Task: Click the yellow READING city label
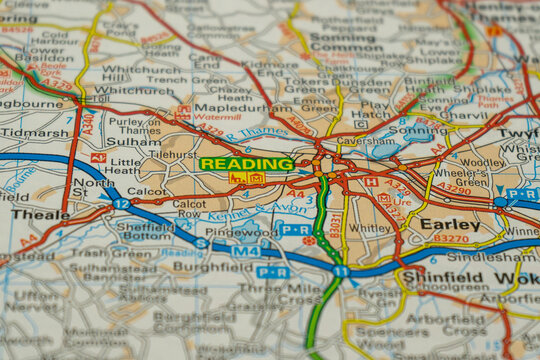click(x=246, y=163)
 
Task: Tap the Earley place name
click(x=450, y=224)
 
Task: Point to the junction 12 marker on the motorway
click(x=121, y=203)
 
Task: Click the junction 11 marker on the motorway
click(x=341, y=271)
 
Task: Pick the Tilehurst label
click(x=173, y=155)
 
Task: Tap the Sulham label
click(x=132, y=142)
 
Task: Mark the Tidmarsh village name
click(x=35, y=132)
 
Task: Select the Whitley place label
click(x=370, y=228)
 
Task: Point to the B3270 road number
click(x=450, y=239)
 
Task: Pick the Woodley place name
click(x=483, y=162)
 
